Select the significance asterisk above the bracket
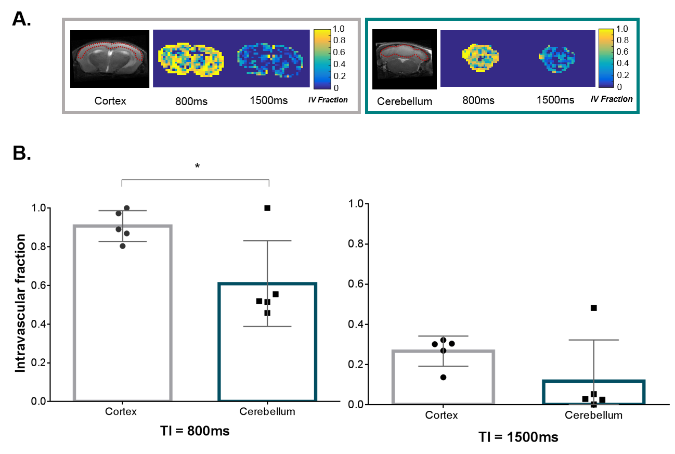197,166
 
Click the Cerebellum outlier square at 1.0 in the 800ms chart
267,208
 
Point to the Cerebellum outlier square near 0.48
593,308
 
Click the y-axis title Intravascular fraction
20,303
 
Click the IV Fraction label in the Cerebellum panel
612,99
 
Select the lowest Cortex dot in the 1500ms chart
443,377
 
